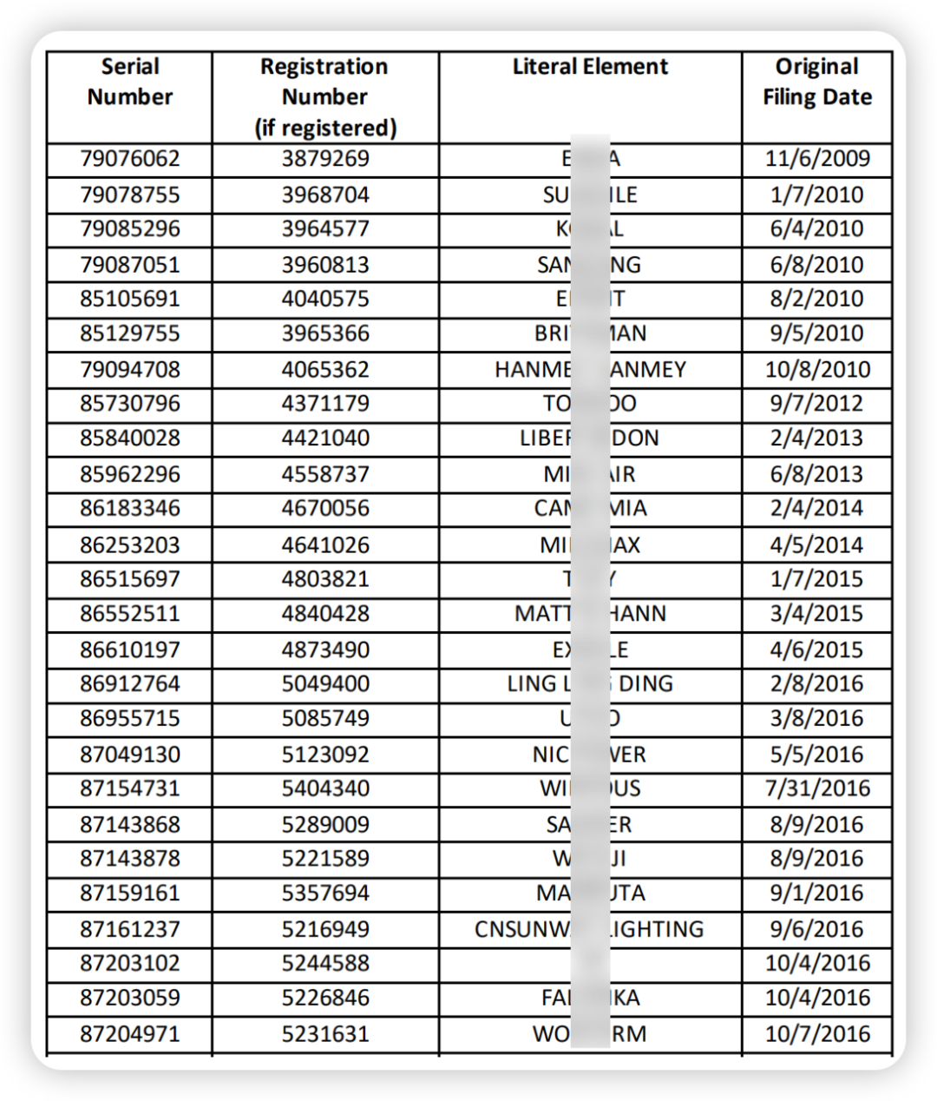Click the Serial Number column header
click(x=130, y=82)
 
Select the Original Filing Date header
click(x=816, y=82)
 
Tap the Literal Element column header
click(x=590, y=67)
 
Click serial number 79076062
click(x=130, y=159)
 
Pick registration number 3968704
click(x=325, y=194)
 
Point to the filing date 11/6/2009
click(x=816, y=159)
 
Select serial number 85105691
click(x=130, y=299)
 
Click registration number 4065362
click(x=325, y=369)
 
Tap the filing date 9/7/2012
click(x=816, y=404)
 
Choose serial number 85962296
click(x=130, y=474)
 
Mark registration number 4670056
click(x=325, y=508)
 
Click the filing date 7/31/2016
click(x=816, y=788)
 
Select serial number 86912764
click(x=130, y=683)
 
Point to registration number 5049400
click(x=325, y=683)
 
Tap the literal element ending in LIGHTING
click(x=589, y=929)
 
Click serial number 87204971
click(x=130, y=1034)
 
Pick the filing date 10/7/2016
click(x=816, y=1034)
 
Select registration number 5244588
click(x=325, y=963)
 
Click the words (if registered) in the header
click(x=325, y=129)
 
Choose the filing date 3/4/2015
click(x=816, y=614)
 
